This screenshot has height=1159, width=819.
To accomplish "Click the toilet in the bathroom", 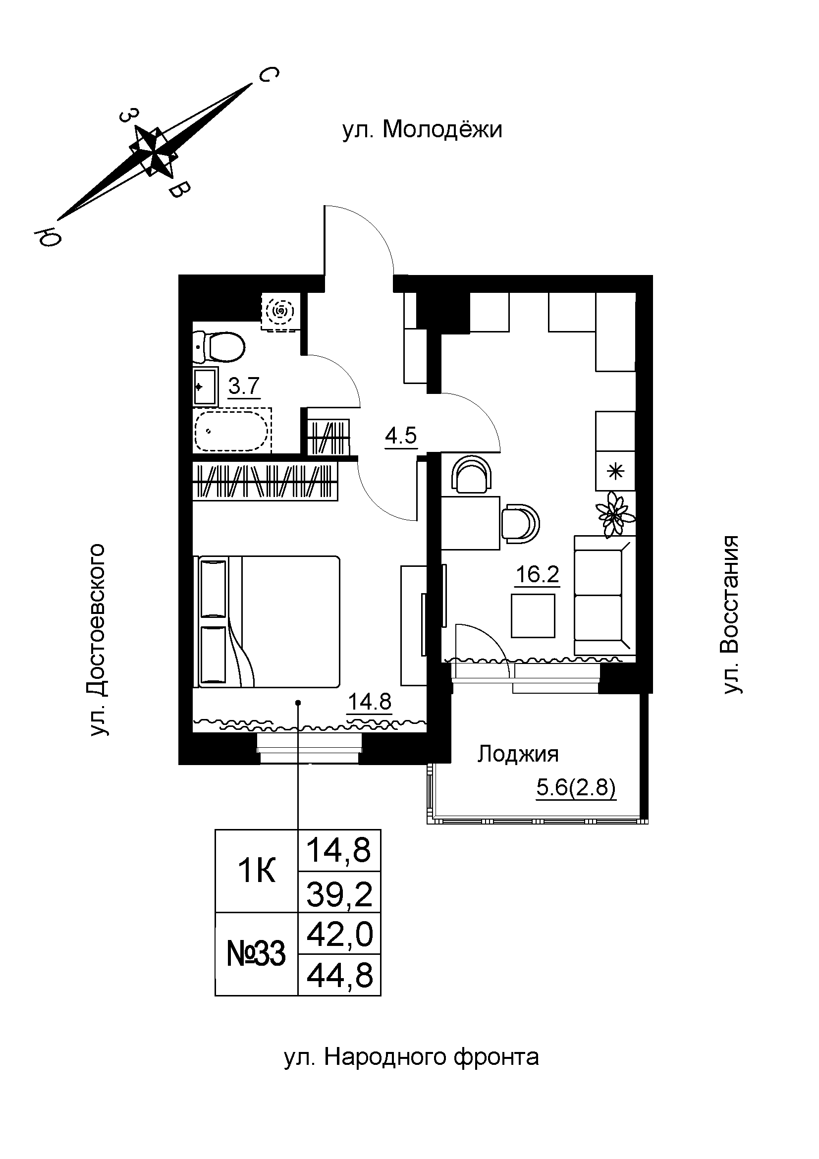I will (220, 347).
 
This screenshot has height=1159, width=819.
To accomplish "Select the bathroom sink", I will (205, 387).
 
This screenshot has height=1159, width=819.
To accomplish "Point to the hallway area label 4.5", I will (401, 435).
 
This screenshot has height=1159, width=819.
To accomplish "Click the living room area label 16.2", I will (537, 574).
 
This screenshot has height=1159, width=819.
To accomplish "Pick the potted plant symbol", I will (615, 514).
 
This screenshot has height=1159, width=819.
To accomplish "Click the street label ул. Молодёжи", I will (422, 130).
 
